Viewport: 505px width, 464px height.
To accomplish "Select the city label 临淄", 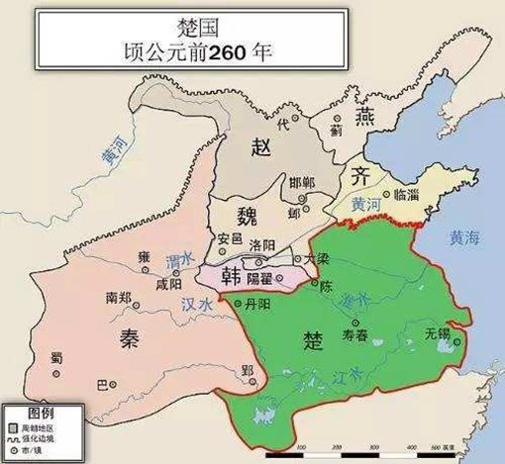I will pos(406,196).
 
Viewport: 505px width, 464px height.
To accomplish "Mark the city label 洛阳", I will pos(262,244).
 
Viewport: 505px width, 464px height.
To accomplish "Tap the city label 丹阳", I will pos(256,303).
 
